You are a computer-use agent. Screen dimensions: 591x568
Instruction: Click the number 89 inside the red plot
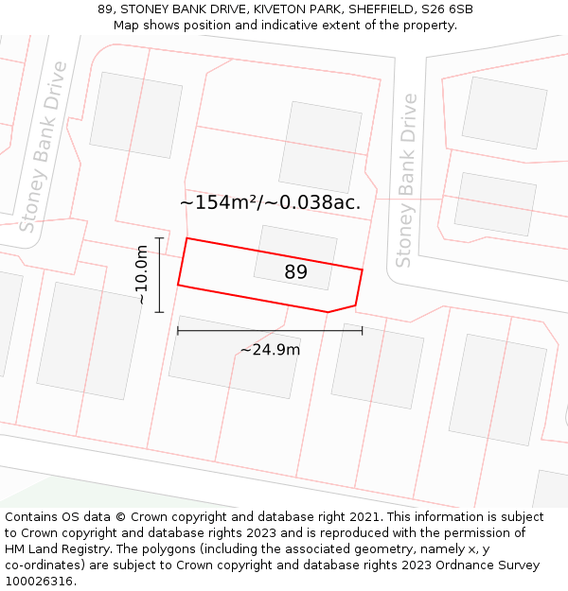pos(296,272)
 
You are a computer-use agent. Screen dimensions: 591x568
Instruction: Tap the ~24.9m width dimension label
pos(270,350)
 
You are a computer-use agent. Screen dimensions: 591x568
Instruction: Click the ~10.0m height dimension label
pos(141,274)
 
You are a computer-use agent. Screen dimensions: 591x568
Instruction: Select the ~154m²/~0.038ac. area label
pos(270,202)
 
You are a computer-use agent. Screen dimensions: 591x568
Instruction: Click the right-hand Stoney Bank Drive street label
pos(406,180)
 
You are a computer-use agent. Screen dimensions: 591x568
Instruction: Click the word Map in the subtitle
pos(128,26)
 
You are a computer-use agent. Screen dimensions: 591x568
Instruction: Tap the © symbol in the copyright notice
pos(121,517)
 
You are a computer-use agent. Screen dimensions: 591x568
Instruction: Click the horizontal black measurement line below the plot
pos(270,330)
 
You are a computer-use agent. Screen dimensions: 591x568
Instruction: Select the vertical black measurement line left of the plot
pos(159,274)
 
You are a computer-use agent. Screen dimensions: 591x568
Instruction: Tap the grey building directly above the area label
pos(320,147)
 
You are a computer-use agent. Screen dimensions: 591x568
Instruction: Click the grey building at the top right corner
pos(504,113)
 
